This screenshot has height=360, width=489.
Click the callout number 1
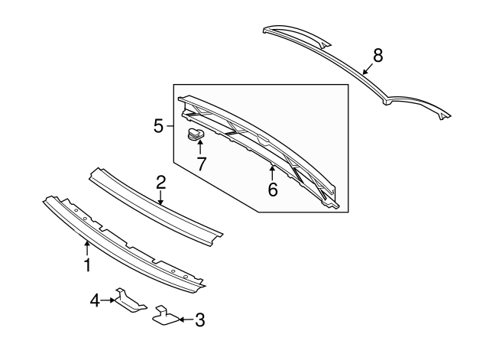[x=87, y=265]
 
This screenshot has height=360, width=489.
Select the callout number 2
[x=160, y=182]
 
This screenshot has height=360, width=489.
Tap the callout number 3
[x=199, y=320]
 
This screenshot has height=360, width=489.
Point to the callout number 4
[x=95, y=301]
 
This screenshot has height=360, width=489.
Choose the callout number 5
[x=158, y=125]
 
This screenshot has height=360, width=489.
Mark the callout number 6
[x=273, y=189]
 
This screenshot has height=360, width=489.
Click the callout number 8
[x=377, y=55]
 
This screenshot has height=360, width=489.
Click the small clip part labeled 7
[x=196, y=136]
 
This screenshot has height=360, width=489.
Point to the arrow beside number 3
[x=183, y=320]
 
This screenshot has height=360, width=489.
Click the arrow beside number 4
[x=109, y=301]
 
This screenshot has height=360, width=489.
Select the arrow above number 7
[x=200, y=148]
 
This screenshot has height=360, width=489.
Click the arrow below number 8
[x=368, y=68]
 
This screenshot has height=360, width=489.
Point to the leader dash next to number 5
[x=170, y=125]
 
